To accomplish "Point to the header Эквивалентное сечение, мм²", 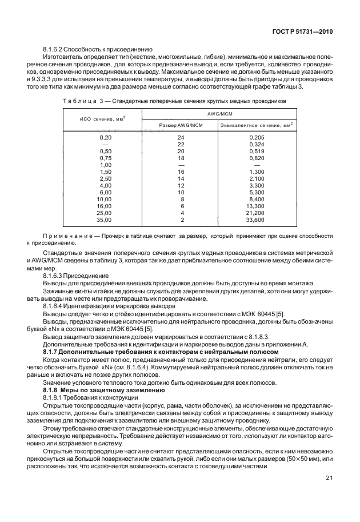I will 257,125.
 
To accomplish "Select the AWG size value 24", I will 181,137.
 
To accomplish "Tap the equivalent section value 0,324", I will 257,144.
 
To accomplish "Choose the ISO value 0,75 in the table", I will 105,157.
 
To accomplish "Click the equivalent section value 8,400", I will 257,199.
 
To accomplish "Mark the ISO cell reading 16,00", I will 105,206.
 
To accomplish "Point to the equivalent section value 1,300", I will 257,172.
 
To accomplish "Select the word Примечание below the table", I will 64,236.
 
